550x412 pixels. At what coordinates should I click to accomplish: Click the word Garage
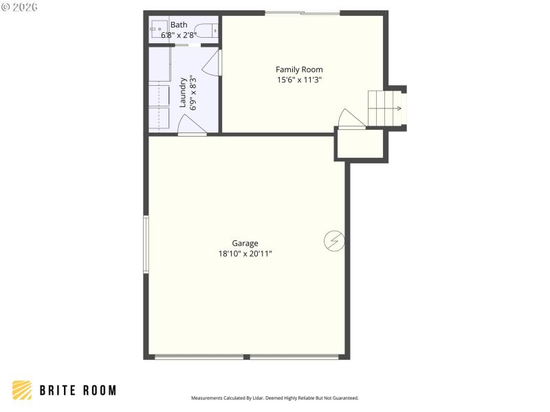click(245, 243)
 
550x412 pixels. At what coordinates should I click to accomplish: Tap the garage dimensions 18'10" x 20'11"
click(245, 253)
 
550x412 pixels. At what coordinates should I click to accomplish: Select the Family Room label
click(299, 69)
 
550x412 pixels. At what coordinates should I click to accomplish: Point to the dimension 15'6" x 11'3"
click(299, 80)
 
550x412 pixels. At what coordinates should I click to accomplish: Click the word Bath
click(179, 25)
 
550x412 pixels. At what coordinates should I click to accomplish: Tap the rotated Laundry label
click(184, 92)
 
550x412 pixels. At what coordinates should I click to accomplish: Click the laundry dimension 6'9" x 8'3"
click(193, 92)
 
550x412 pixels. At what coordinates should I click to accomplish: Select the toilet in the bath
click(206, 30)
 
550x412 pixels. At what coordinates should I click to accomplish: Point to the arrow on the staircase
click(397, 108)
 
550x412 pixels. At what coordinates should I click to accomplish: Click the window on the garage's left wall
click(146, 244)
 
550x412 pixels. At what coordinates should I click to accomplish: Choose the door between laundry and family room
click(213, 62)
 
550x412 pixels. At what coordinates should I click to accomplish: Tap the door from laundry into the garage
click(191, 126)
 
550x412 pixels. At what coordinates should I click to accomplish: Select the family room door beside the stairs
click(351, 119)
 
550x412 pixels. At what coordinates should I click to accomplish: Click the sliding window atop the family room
click(302, 13)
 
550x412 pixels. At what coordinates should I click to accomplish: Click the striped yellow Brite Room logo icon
click(22, 390)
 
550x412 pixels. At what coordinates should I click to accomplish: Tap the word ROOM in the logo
click(99, 390)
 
